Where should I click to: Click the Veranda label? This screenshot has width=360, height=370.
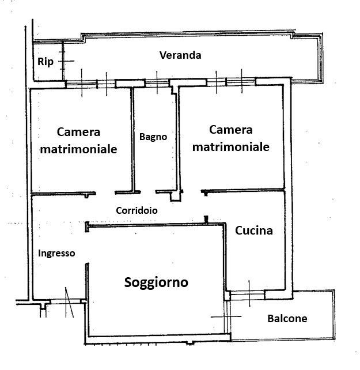point(180,55)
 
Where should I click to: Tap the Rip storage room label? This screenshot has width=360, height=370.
point(46,62)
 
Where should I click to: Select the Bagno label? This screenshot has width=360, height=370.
point(153,137)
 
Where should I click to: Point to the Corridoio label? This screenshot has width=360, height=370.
point(137,210)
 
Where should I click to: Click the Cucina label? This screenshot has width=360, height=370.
point(254,231)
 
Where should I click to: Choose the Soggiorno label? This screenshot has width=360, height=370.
point(156,283)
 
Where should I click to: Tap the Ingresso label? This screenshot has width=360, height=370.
point(56,254)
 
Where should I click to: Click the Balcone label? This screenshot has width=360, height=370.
point(287,319)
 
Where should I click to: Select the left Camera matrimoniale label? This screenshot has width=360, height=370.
point(78,141)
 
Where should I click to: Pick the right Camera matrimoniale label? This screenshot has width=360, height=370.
point(231,138)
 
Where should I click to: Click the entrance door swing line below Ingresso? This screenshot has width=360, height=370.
point(69,302)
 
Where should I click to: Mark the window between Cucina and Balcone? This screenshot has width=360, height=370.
point(247,295)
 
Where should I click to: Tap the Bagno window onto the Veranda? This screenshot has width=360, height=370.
point(157,83)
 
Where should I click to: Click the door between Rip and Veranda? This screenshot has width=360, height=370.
point(63,61)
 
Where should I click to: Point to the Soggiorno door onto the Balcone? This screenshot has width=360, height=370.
point(228,316)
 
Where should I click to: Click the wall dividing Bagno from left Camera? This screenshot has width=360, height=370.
point(132,139)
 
